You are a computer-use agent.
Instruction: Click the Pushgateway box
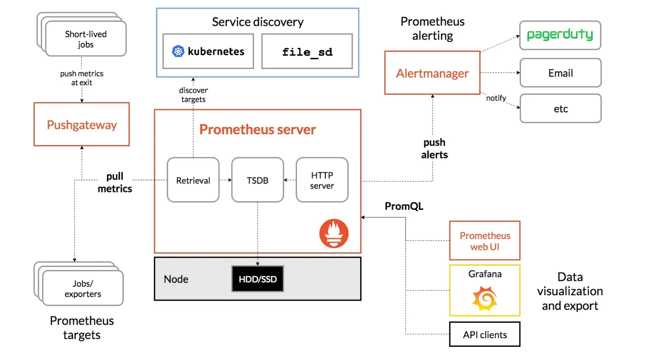[x=81, y=124]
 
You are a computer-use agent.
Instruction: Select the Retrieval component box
[x=193, y=180]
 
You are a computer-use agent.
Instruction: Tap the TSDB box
[x=257, y=180]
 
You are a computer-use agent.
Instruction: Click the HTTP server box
[x=322, y=180]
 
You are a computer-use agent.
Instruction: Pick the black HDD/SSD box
[x=257, y=279]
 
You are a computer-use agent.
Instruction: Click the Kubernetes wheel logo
[x=178, y=51]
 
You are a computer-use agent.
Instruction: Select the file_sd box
[x=307, y=51]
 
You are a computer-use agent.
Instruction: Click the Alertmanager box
[x=432, y=73]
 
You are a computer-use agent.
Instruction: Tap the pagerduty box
[x=560, y=35]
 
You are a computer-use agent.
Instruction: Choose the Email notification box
[x=560, y=73]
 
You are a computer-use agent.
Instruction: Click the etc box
[x=560, y=109]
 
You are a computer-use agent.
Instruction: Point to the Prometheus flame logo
[x=334, y=233]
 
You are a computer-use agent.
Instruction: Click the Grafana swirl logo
[x=485, y=299]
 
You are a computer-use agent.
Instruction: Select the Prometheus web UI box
[x=484, y=241]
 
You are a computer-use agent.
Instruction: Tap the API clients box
[x=484, y=335]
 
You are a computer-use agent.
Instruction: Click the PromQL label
[x=404, y=206]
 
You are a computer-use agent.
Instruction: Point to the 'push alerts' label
[x=434, y=148]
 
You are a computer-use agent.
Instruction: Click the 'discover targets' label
[x=193, y=95]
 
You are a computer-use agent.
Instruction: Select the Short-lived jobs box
[x=86, y=39]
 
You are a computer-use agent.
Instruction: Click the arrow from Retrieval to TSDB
[x=225, y=180]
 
